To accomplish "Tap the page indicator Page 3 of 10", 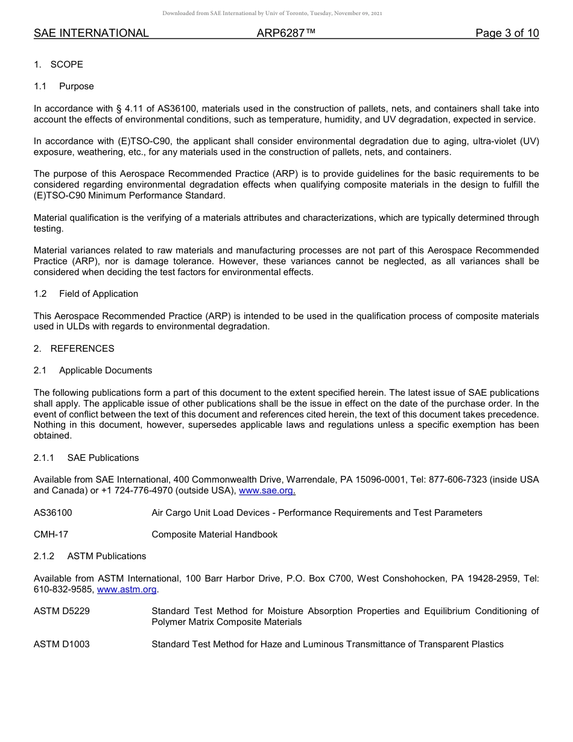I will [507, 33].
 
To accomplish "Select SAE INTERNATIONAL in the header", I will [91, 33].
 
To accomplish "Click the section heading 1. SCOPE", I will [59, 65].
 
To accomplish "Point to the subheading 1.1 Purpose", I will [64, 86].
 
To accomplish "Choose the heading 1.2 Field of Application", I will [86, 294].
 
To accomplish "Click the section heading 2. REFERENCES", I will [74, 349].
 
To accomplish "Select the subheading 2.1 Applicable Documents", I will [93, 370].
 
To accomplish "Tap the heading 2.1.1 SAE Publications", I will [86, 458].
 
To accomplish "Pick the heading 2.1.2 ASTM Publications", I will [90, 556].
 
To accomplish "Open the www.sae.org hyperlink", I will [267, 491].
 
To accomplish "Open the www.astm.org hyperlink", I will [127, 589].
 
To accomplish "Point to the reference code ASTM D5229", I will [62, 611].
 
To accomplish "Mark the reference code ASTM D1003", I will [62, 644].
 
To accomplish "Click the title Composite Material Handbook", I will [214, 534].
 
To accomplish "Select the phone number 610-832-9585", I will [63, 589].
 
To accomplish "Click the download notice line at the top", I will [272, 13].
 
